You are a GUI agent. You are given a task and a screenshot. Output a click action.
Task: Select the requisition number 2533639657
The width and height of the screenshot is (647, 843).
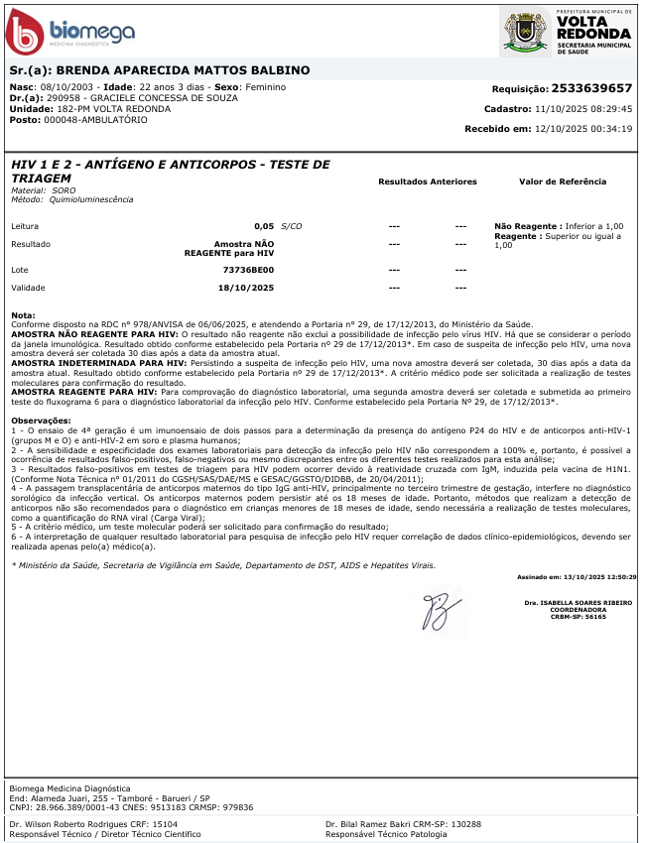coord(591,88)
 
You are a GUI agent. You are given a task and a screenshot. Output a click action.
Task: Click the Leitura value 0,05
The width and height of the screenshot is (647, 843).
coord(263,226)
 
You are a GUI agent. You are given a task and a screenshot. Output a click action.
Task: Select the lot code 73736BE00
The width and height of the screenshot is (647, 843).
coord(247,270)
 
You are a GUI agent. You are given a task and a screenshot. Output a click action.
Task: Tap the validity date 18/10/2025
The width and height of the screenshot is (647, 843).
coord(245,288)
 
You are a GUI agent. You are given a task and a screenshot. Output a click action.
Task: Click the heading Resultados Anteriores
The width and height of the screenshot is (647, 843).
coord(427,181)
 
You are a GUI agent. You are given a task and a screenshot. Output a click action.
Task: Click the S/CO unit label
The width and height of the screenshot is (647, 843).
coord(293,226)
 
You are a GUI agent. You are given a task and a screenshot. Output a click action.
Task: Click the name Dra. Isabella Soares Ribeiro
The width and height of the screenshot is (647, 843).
coord(580,602)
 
